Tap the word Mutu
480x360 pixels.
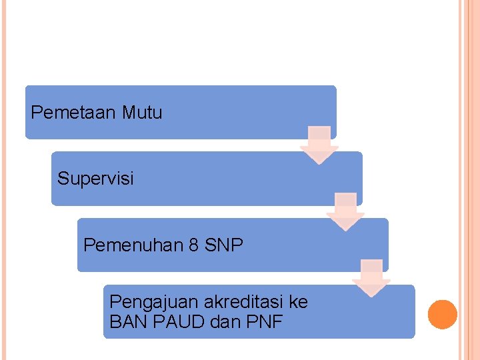point(142,113)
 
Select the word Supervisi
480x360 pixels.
point(95,179)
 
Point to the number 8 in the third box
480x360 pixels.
point(193,245)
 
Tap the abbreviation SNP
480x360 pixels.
point(223,245)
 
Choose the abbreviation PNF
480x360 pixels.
point(265,323)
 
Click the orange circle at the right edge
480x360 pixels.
point(442,315)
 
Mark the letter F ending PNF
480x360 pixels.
point(277,323)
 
